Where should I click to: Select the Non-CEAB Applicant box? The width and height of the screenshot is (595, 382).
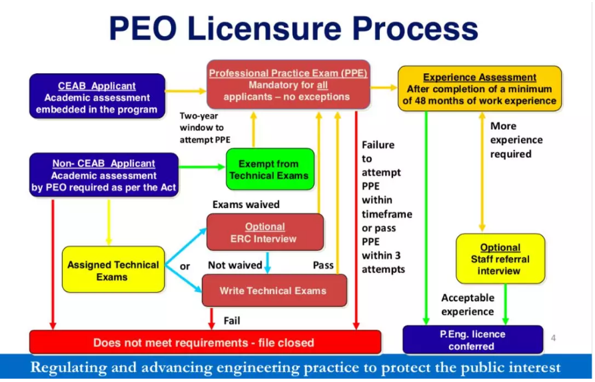coord(104,175)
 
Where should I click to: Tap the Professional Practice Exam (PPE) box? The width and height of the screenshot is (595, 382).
coord(288,85)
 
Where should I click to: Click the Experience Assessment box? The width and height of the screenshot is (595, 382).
coord(479,89)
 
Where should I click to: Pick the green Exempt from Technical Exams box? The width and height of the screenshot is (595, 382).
coord(269,169)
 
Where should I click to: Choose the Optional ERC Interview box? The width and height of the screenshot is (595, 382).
coord(265,232)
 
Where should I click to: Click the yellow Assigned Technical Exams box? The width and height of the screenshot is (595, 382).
coord(113,269)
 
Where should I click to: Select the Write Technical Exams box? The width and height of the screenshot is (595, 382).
coord(274,291)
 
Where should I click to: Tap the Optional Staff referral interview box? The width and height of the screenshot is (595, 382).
coord(500,259)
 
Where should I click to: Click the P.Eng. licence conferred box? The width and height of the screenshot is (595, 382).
coord(472,339)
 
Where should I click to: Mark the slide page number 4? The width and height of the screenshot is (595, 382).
coord(553,338)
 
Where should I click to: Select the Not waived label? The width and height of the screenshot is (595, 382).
coord(235,265)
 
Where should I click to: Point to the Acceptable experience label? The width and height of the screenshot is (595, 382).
coord(467,305)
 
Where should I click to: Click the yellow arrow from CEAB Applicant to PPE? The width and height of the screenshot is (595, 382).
coord(186,91)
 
